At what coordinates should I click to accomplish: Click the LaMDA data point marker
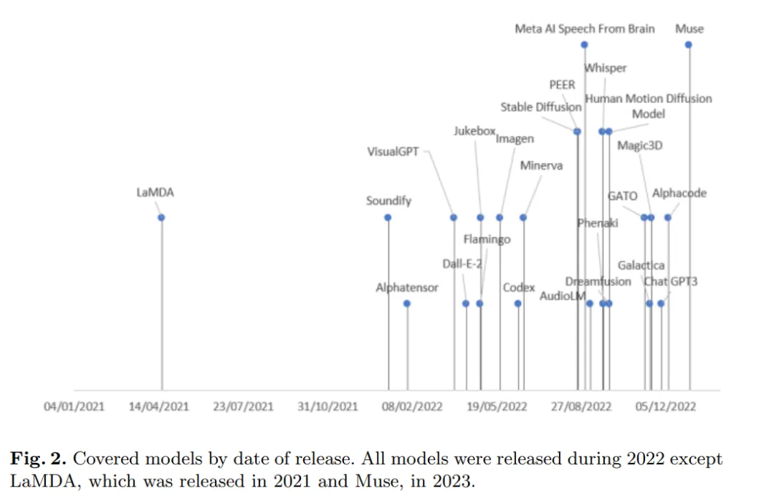click(161, 217)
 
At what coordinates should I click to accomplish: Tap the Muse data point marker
click(688, 44)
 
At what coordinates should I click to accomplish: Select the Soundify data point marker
click(388, 217)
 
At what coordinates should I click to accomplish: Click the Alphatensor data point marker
click(406, 303)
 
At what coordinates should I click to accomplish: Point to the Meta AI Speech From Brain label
click(585, 29)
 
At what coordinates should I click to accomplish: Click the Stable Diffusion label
click(540, 108)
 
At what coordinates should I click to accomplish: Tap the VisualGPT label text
click(393, 152)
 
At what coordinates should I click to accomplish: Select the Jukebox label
click(474, 131)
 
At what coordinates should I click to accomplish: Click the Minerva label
click(541, 166)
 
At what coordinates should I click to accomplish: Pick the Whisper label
click(606, 68)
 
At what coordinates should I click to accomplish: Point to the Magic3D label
click(640, 146)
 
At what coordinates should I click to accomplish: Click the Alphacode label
click(679, 194)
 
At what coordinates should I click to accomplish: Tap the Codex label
click(519, 287)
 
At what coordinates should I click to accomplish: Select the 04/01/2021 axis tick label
click(74, 406)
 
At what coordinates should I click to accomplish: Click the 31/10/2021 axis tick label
click(328, 406)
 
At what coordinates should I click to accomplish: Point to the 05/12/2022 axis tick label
click(666, 406)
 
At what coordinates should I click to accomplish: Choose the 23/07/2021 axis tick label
click(244, 406)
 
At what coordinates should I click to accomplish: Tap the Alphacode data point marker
click(668, 217)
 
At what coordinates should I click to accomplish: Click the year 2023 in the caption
click(452, 479)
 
